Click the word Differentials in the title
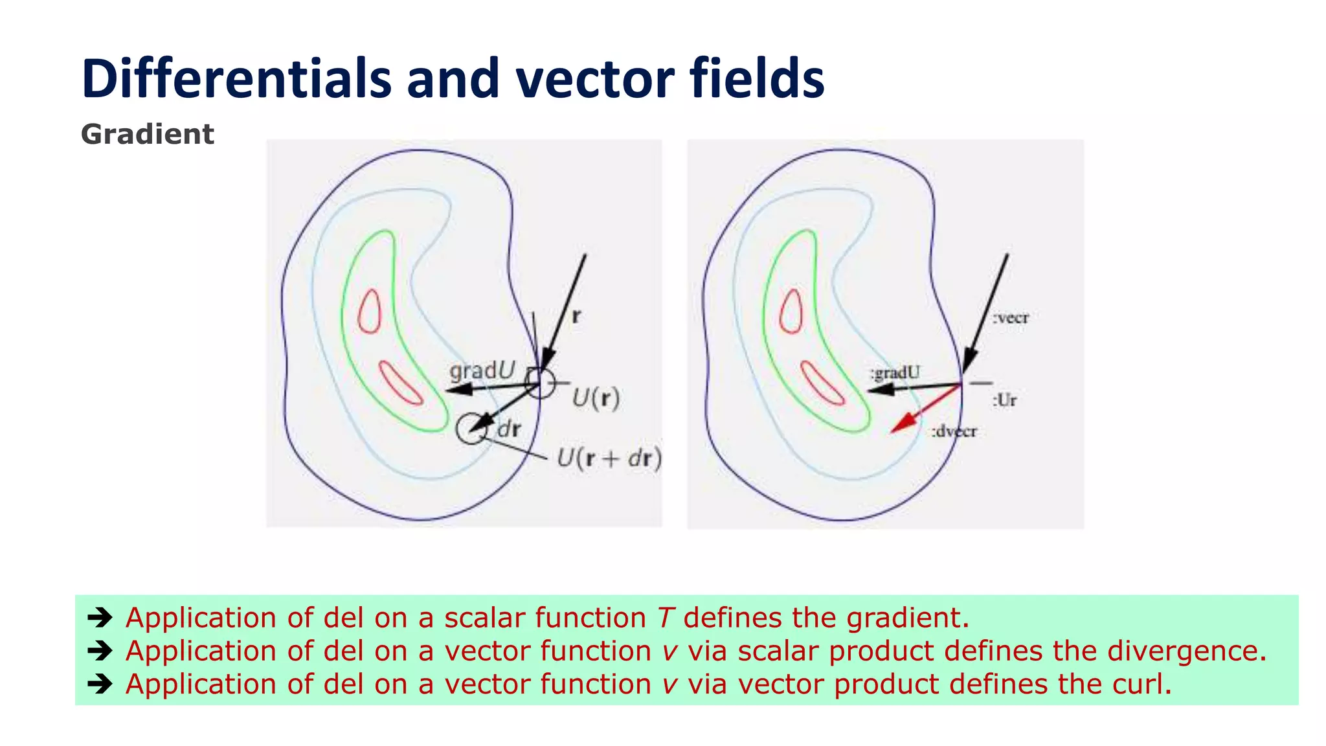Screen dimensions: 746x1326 (x=236, y=79)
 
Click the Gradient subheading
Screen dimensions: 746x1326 (x=147, y=135)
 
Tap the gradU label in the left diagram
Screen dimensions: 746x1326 (x=482, y=370)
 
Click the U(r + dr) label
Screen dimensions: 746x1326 (x=609, y=458)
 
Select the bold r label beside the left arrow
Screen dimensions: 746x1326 (x=576, y=316)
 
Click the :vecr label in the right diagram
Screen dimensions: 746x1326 (x=1011, y=318)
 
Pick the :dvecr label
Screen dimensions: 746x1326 (x=954, y=431)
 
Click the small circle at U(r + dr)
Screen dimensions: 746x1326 (x=470, y=429)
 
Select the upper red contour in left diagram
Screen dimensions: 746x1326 (x=370, y=311)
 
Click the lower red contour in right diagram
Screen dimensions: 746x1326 (x=822, y=383)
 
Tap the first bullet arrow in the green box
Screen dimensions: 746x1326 (x=100, y=617)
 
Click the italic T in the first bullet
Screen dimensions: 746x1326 (x=666, y=618)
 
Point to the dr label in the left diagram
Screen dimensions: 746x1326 (x=508, y=429)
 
